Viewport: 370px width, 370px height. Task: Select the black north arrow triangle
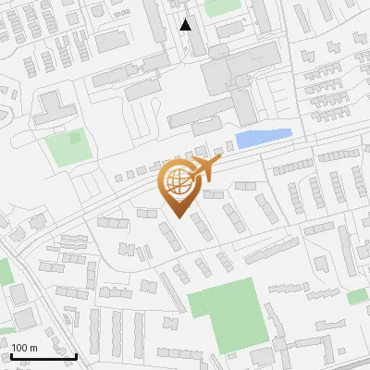(x=186, y=25)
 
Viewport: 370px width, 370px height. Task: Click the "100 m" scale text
(x=24, y=347)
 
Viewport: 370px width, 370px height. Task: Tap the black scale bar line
(x=44, y=355)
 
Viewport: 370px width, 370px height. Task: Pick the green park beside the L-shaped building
(x=68, y=148)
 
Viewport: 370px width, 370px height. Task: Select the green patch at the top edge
(x=222, y=6)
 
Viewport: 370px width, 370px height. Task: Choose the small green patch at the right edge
(x=358, y=297)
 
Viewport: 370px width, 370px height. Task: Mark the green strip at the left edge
(x=4, y=271)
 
